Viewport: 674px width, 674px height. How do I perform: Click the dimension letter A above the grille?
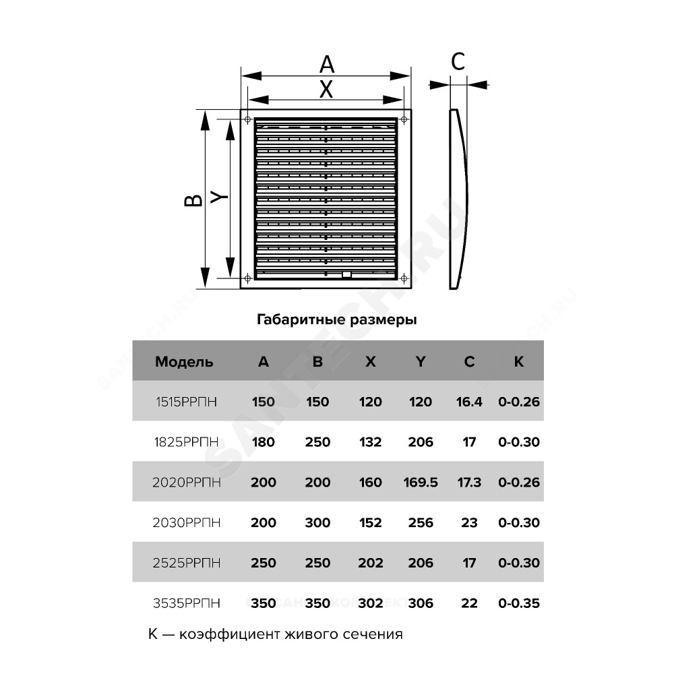coord(327,65)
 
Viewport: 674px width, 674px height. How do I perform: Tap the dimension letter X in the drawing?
coord(326,90)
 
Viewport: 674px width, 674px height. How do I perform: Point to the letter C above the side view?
coord(458,61)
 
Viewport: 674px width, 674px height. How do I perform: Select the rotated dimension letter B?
coord(193,200)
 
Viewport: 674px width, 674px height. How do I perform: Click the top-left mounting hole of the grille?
coord(247,119)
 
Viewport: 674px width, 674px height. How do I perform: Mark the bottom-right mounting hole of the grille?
coord(404,278)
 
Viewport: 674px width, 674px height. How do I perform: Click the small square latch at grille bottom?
coord(346,275)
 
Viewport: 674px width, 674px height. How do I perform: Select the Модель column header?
coord(184,362)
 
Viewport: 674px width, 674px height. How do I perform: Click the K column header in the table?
coord(519,361)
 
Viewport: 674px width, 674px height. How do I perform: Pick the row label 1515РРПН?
coord(186,402)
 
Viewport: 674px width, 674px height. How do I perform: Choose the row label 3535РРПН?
coord(187,603)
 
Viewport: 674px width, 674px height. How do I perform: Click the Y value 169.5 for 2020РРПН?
coord(421,483)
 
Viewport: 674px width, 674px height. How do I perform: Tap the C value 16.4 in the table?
coord(469,402)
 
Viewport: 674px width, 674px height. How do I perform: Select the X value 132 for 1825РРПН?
coord(371,442)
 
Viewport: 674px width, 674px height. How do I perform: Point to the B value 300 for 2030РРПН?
coord(317,523)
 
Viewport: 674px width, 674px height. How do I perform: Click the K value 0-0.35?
coord(519,603)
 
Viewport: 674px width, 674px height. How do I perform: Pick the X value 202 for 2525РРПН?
coord(371,563)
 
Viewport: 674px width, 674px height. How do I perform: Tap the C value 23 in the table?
coord(469,523)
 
